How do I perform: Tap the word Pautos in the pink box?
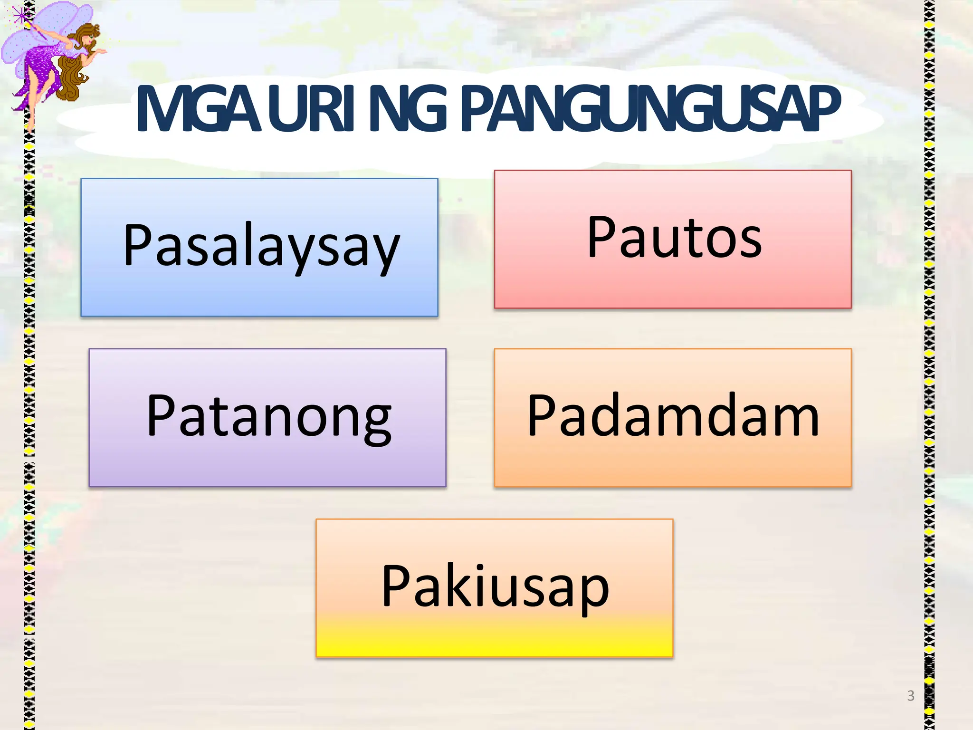coord(674,238)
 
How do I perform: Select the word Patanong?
coord(269,416)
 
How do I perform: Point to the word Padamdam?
coord(673,416)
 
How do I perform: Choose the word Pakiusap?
coord(495,586)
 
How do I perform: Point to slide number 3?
coord(910,696)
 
